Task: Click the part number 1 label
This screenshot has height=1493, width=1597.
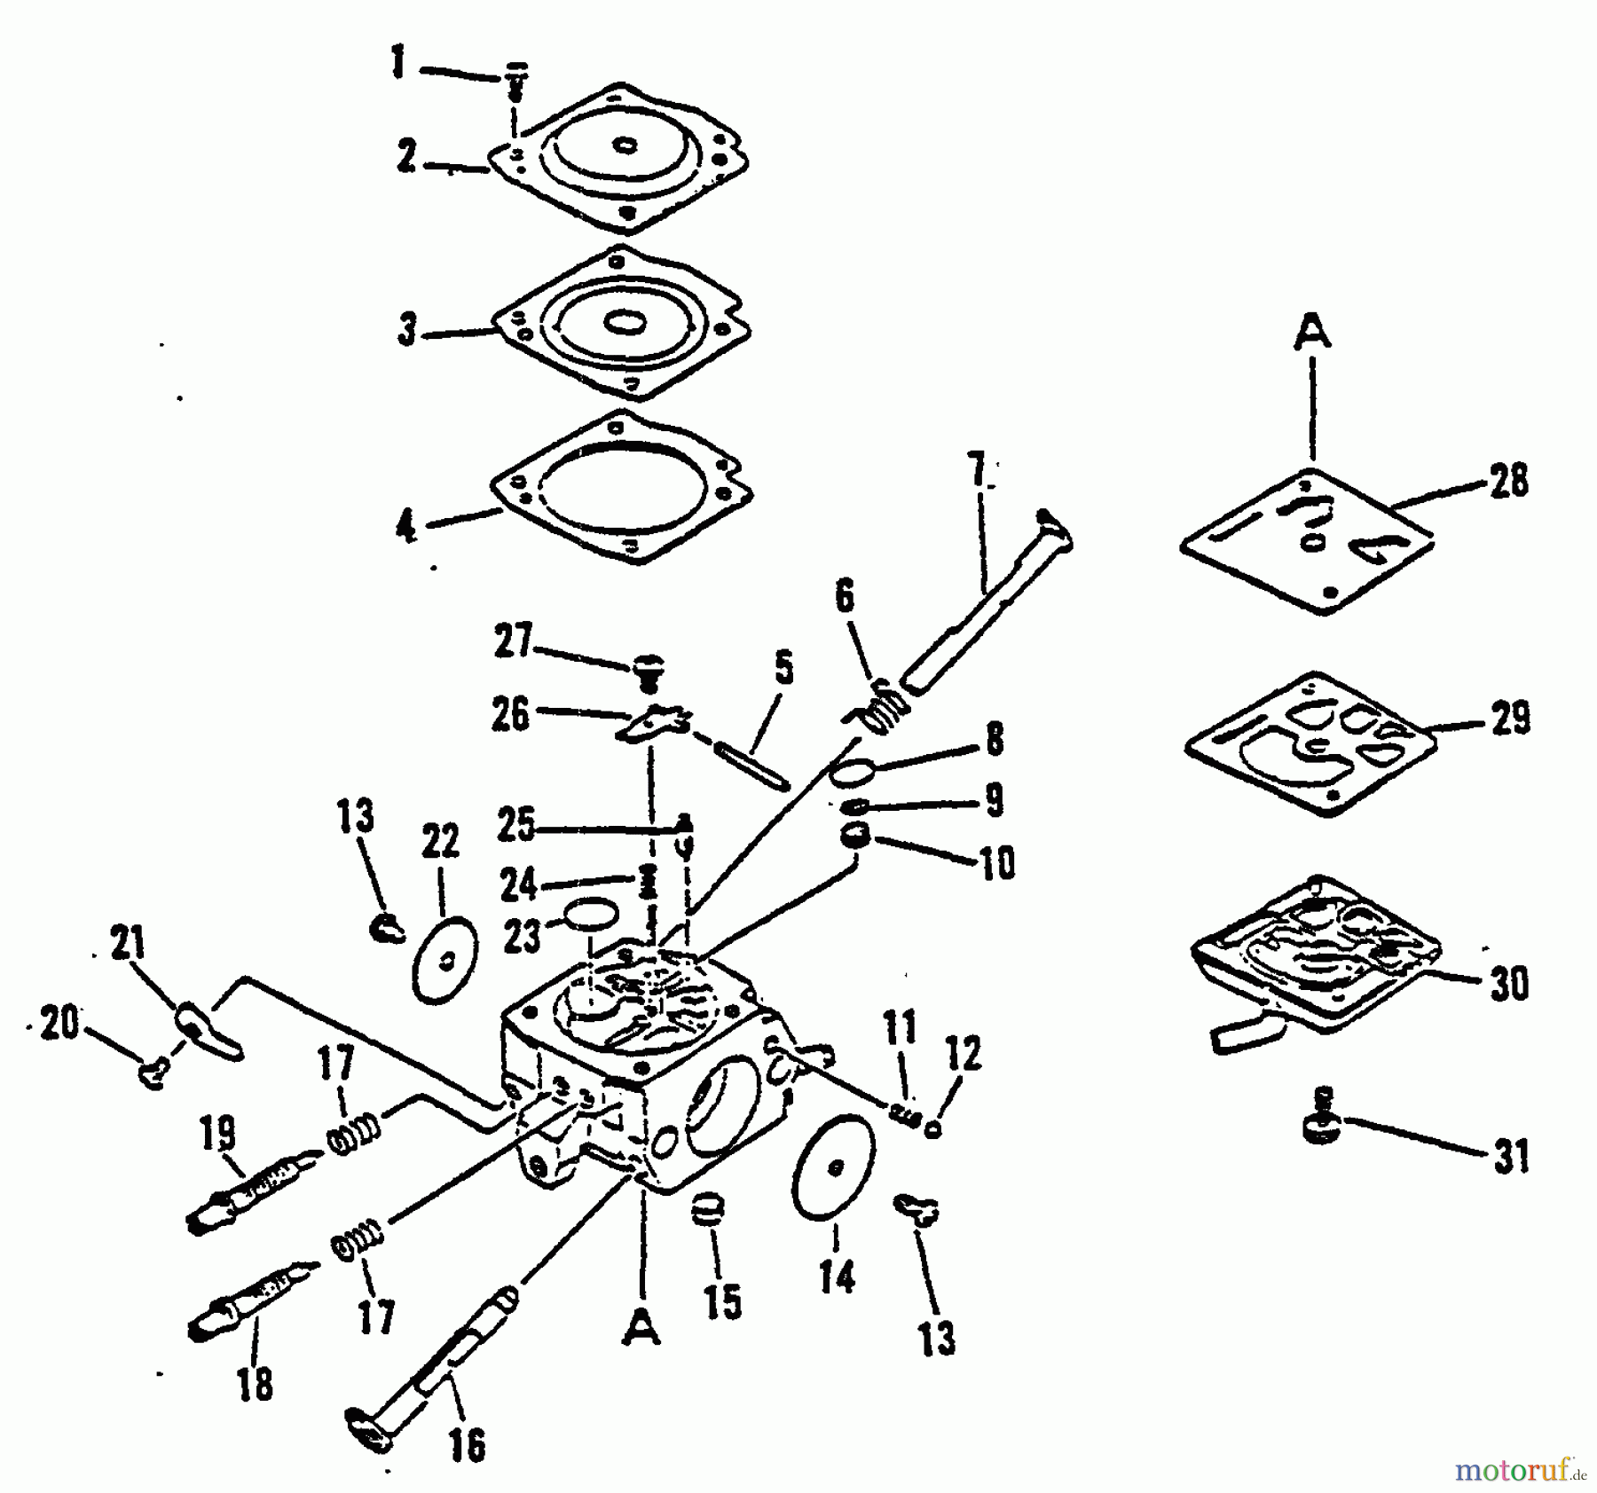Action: click(x=398, y=64)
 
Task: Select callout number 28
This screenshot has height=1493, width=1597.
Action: click(x=1509, y=482)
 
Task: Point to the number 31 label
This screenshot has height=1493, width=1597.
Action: click(x=1512, y=1157)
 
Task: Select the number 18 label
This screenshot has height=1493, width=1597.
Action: click(x=256, y=1384)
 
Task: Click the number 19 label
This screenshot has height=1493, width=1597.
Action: click(x=218, y=1136)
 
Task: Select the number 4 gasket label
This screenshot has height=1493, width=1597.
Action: click(x=405, y=528)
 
